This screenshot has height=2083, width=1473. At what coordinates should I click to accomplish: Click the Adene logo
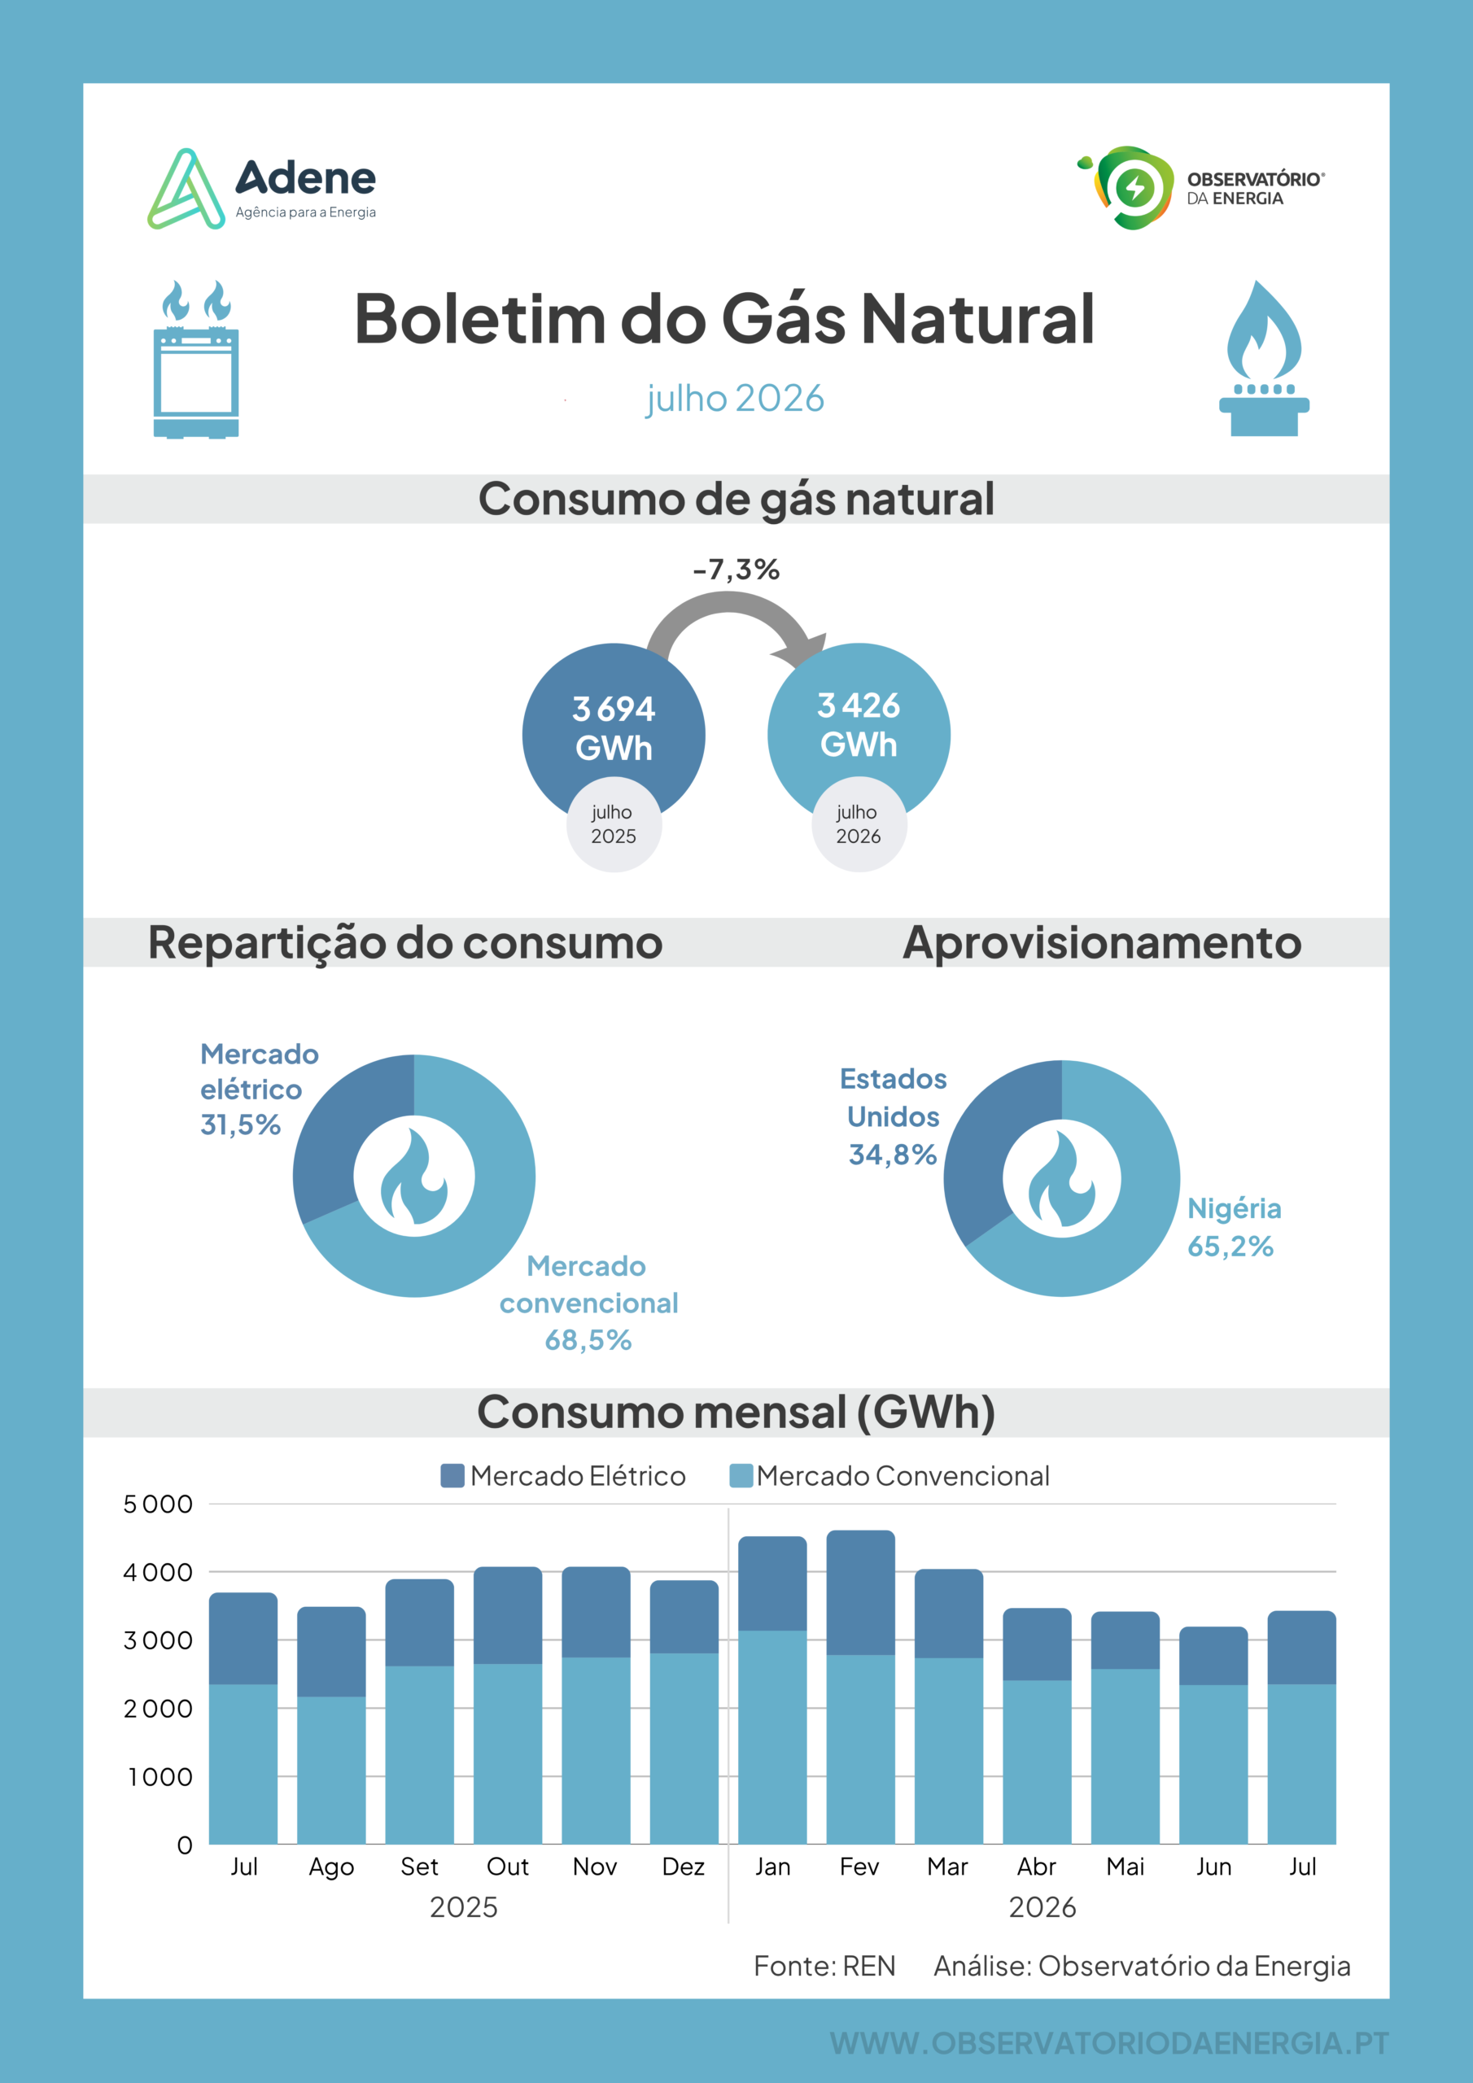coord(261,189)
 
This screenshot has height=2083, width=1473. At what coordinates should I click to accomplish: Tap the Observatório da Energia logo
coord(1200,188)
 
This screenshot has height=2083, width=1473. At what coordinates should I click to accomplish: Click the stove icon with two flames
coord(196,360)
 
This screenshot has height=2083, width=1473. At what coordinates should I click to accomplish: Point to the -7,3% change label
coord(736,570)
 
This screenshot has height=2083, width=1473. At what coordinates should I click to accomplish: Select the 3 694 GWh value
coord(614,727)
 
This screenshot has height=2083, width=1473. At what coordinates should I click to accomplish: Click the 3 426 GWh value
coord(859,724)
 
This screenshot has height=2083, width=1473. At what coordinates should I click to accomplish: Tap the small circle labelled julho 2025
coord(614,823)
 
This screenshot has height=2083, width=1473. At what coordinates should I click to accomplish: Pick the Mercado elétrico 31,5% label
coord(259,1089)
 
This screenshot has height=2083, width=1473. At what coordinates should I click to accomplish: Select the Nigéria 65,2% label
coord(1235,1226)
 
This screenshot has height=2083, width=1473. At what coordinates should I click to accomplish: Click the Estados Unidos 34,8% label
coord(893,1116)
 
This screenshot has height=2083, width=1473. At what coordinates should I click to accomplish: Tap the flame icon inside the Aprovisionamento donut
coord(1061,1178)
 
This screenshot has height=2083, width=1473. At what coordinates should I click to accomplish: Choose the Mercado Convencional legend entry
coord(889,1476)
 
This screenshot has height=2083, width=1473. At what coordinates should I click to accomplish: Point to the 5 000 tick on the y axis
coord(158,1504)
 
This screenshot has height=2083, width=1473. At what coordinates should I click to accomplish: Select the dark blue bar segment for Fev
coord(860,1592)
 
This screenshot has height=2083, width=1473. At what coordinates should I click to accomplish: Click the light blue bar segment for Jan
coord(772,1737)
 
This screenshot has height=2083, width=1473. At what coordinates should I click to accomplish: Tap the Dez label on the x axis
coord(684,1867)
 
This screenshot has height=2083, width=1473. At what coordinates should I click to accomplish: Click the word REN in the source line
coord(868,1966)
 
